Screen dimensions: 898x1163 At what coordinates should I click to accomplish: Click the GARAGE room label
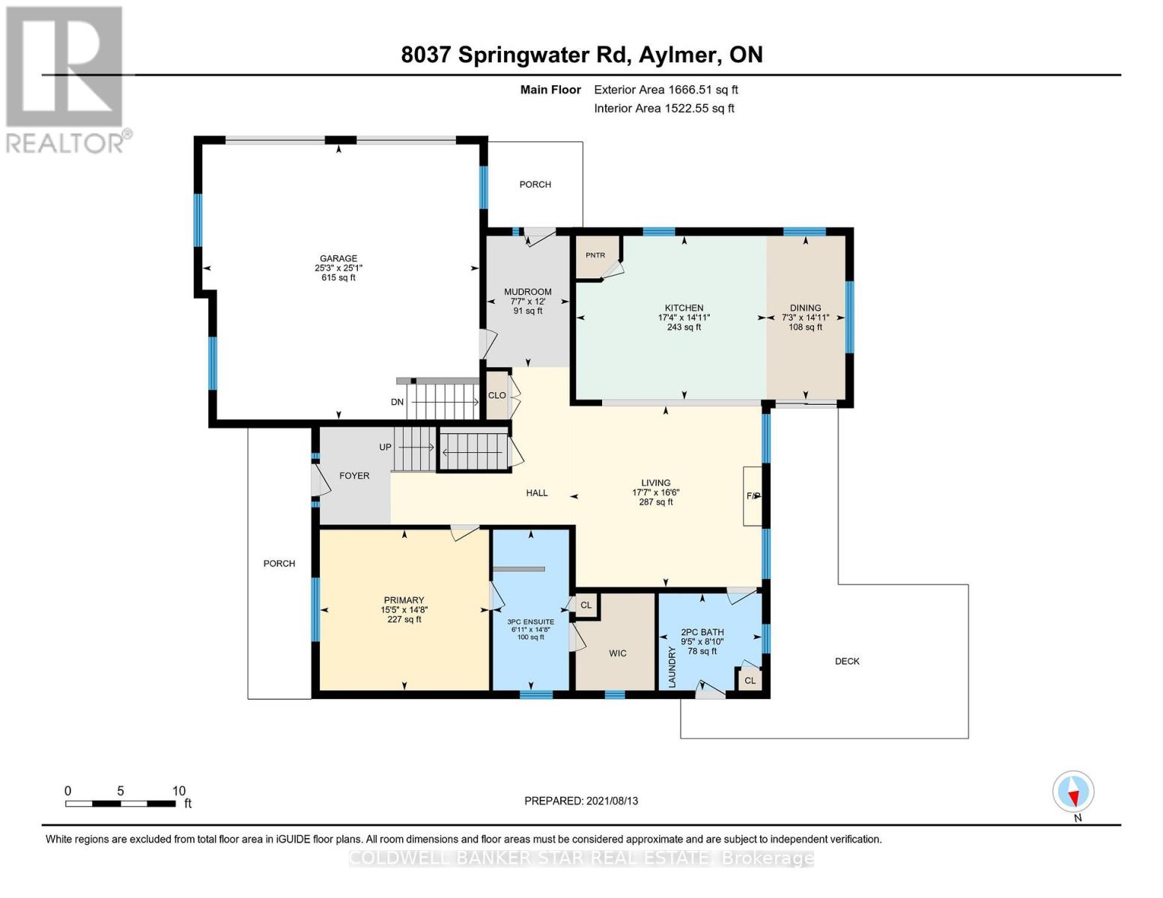(338, 259)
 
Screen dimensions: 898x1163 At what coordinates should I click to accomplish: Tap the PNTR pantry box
(595, 255)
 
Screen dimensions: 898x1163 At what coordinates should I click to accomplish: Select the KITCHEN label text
(684, 308)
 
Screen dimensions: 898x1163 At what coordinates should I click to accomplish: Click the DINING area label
(805, 308)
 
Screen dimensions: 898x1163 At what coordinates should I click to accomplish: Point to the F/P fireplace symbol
(753, 496)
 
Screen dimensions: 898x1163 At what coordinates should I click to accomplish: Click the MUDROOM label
(527, 292)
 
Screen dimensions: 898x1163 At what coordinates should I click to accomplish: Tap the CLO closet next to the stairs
(497, 395)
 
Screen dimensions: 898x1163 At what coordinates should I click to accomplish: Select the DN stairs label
(397, 402)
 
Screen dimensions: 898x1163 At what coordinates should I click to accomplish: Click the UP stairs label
(385, 447)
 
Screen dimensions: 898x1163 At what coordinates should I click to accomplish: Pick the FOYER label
(354, 475)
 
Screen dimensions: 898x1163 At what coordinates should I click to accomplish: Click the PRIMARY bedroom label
(404, 600)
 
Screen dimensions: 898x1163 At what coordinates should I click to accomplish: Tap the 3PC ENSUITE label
(530, 622)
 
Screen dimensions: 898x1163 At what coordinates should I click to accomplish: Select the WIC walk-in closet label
(617, 653)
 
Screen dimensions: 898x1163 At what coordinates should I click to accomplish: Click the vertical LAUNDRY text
(672, 668)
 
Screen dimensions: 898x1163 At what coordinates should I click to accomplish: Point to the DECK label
(847, 661)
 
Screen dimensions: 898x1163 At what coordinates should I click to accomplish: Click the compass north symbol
(1073, 792)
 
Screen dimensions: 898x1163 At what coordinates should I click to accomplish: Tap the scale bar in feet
(121, 804)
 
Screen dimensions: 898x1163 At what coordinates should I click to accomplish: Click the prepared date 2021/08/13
(581, 801)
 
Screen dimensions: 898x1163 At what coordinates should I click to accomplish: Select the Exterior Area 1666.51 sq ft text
(666, 90)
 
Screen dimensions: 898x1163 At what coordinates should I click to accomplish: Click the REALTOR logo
(65, 79)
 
